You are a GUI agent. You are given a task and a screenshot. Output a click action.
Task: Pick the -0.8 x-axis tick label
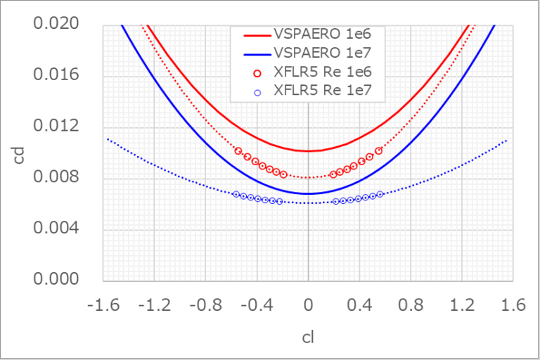pos(206,307)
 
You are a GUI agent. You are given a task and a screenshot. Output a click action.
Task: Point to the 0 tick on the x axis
pos(308,307)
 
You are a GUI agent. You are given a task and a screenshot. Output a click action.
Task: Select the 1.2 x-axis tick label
pos(461,307)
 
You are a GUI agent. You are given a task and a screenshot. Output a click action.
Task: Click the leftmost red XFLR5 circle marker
pos(238,151)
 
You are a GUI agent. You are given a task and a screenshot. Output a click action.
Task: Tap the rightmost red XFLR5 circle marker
pos(378,150)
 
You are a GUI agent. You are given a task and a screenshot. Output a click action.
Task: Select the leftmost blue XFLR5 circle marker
pos(236,194)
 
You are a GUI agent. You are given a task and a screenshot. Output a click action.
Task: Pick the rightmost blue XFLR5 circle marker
pos(380,194)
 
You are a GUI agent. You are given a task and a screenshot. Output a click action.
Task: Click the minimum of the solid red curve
pos(308,150)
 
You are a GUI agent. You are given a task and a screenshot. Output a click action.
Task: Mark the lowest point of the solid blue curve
pos(308,193)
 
